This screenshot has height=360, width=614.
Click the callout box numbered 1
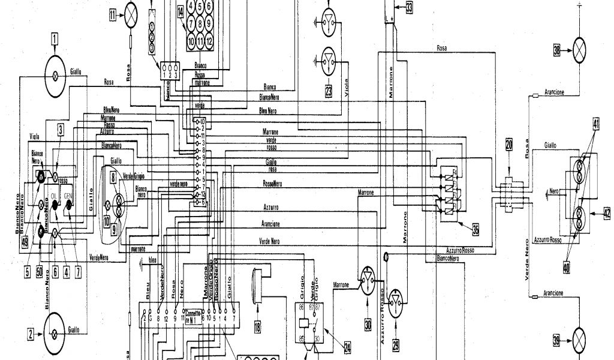[x=55, y=41]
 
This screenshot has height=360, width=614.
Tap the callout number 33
[x=409, y=8]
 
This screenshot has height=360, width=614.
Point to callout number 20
[x=509, y=144]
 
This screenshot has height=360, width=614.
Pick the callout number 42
[x=607, y=212]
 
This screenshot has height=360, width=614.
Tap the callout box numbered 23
[x=329, y=92]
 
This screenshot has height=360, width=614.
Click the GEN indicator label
[x=69, y=196]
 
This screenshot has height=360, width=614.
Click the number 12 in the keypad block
[x=209, y=42]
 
